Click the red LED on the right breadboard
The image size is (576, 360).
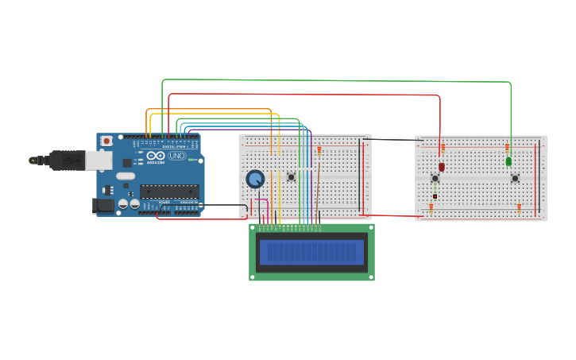[442, 167]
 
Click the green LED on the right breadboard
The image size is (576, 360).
[508, 161]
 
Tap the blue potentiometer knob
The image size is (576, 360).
[255, 179]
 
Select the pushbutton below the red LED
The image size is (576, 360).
[435, 178]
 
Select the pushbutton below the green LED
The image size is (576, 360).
[515, 178]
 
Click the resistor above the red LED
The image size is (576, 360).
[443, 149]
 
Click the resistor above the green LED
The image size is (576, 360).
[507, 148]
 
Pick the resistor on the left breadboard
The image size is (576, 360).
[319, 150]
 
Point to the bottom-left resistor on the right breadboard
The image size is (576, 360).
[431, 208]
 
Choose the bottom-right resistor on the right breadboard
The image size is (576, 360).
[519, 208]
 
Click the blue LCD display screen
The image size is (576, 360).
[311, 253]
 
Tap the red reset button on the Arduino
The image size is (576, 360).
[106, 141]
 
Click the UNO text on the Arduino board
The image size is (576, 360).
[176, 156]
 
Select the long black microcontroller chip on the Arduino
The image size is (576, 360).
[169, 191]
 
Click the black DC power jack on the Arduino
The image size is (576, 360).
[103, 205]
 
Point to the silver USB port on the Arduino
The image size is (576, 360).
[99, 161]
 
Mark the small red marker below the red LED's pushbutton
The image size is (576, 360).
[435, 196]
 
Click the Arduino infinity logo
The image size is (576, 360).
[156, 156]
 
